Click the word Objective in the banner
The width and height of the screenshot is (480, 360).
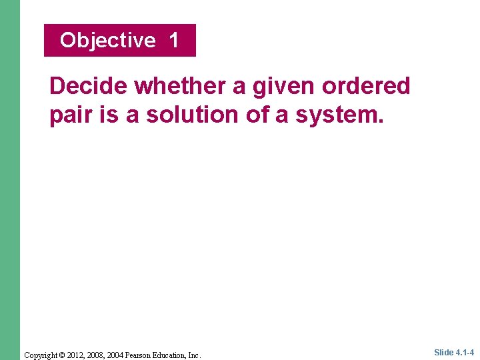(107, 41)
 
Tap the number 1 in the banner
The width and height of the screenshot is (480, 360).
(174, 40)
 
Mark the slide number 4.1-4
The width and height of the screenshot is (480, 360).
(465, 352)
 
